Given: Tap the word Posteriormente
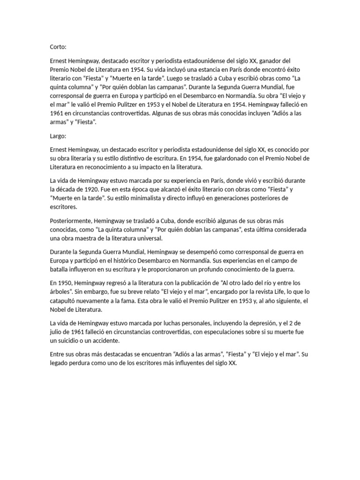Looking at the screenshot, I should [71, 220].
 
